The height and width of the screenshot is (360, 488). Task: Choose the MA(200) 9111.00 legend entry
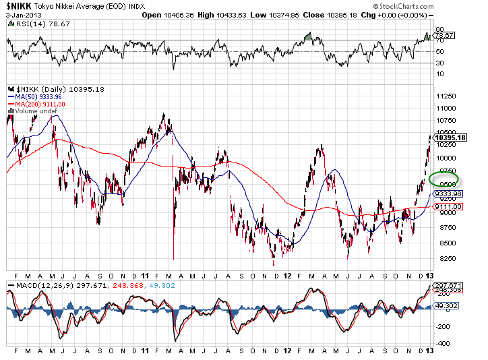click(40, 104)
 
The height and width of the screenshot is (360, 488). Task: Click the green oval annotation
click(444, 179)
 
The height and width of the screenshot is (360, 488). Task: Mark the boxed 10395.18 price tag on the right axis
click(452, 138)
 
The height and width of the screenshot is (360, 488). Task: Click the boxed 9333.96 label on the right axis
click(448, 193)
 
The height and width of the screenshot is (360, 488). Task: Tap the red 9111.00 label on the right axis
click(448, 208)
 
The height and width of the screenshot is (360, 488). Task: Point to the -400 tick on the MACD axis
click(444, 343)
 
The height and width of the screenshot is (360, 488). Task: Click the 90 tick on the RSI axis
click(439, 30)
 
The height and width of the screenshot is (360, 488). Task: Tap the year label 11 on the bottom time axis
click(146, 275)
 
